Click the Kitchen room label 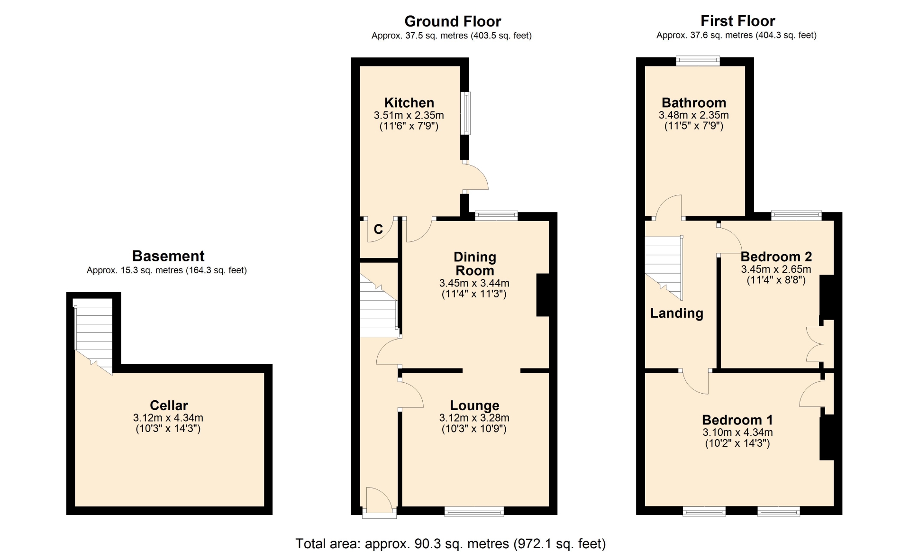(x=409, y=102)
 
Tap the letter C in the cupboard (x=378, y=230)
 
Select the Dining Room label (x=474, y=264)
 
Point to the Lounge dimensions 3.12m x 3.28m (x=474, y=418)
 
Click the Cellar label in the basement (x=169, y=405)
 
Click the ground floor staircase (x=378, y=306)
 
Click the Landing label (x=676, y=313)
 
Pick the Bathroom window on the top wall (x=698, y=61)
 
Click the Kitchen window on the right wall (x=466, y=113)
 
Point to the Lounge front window (x=474, y=511)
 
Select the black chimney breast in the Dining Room (x=543, y=295)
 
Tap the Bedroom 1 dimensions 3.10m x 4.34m (x=737, y=433)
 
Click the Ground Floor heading (x=453, y=21)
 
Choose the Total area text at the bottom (x=451, y=544)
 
